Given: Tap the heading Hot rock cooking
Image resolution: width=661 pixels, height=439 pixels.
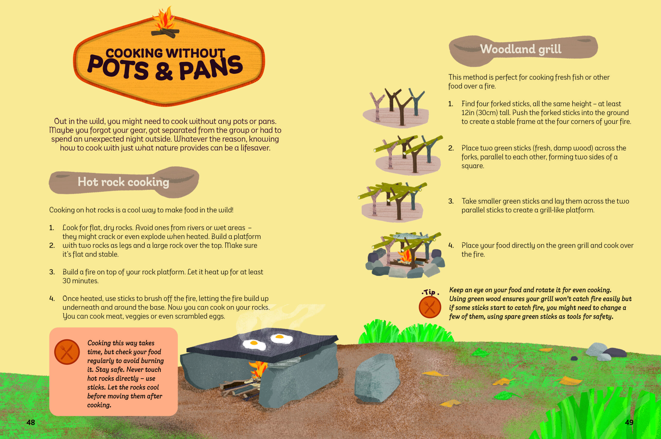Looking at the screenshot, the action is pos(123,182).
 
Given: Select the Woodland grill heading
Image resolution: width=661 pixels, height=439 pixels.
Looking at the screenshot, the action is pos(521,49).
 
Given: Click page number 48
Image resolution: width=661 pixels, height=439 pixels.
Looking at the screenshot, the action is pos(30,422).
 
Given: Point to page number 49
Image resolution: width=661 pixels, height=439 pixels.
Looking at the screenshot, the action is pos(629,422).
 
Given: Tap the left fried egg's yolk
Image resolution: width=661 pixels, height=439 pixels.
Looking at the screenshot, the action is pos(254,343).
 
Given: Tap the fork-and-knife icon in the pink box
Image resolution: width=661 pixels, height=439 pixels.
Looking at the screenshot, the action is pos(67,352).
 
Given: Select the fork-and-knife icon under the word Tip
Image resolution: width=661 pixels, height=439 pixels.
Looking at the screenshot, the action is pos(430,307).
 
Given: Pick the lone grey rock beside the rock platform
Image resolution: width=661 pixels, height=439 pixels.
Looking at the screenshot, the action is pos(377,378).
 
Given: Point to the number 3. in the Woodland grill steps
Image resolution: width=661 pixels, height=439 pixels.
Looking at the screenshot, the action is pos(451,201).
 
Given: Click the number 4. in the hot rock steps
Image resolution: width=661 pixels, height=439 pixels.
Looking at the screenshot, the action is pos(52,298).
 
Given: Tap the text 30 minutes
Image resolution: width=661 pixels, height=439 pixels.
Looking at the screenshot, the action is pos(80,281).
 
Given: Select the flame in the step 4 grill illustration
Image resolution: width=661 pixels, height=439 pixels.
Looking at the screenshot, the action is pos(405,255).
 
